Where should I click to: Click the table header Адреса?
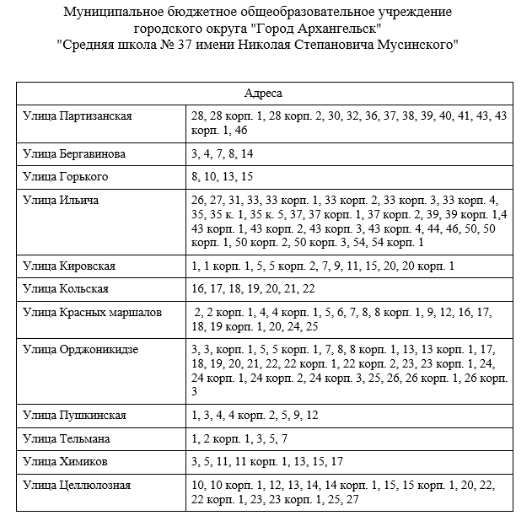point(262,93)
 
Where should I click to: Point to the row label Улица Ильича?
point(61,200)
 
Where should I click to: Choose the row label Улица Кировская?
point(69,266)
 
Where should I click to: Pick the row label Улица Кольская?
point(65,289)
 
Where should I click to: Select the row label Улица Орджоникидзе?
point(80,349)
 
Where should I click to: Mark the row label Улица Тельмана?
point(67,439)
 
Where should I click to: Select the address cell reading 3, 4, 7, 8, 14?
point(222,154)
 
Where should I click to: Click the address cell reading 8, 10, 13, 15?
point(222,177)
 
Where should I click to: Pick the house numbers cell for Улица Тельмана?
point(239,439)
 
